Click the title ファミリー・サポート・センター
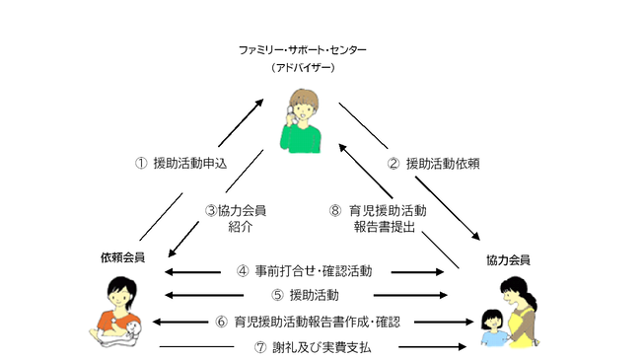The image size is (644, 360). point(304,49)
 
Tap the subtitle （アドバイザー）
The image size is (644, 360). point(304,69)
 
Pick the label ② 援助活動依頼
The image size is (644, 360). point(429,163)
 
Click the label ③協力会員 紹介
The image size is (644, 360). point(235,218)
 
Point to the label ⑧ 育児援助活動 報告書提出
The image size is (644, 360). point(378,218)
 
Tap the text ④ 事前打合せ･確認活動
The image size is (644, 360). point(304,270)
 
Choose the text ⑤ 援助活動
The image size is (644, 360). point(305,295)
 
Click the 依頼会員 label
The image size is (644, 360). point(122,257)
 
